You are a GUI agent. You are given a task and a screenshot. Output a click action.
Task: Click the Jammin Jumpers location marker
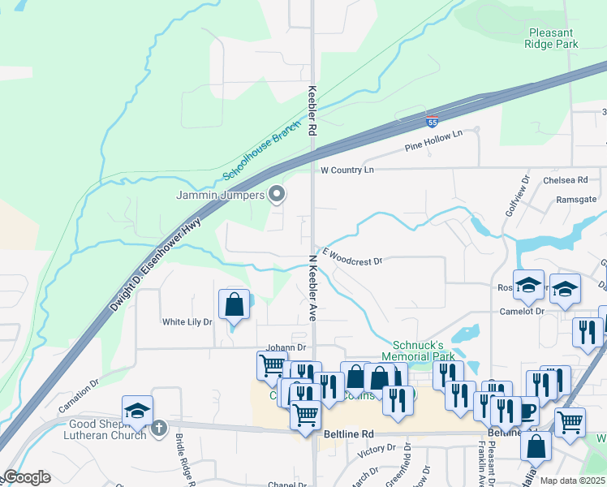click(x=277, y=194)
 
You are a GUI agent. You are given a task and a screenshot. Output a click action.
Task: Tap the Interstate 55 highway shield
click(x=433, y=123)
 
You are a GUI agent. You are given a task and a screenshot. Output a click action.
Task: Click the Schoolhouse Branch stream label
click(x=256, y=155)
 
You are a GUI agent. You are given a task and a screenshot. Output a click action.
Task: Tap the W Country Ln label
click(x=347, y=170)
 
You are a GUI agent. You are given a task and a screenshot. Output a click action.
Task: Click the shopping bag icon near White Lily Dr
click(x=234, y=305)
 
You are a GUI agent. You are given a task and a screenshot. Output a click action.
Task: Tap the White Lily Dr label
click(x=187, y=322)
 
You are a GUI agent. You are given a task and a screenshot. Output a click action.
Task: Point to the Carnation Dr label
click(x=78, y=383)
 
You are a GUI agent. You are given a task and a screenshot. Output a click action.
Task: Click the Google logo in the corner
click(x=26, y=477)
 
